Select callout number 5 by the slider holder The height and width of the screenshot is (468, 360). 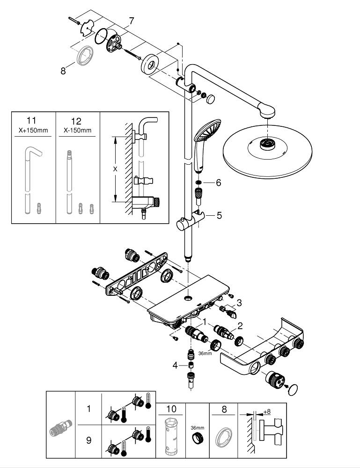click(x=218, y=216)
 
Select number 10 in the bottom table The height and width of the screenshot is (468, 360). click(x=171, y=409)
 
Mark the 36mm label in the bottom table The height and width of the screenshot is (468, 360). click(x=198, y=427)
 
